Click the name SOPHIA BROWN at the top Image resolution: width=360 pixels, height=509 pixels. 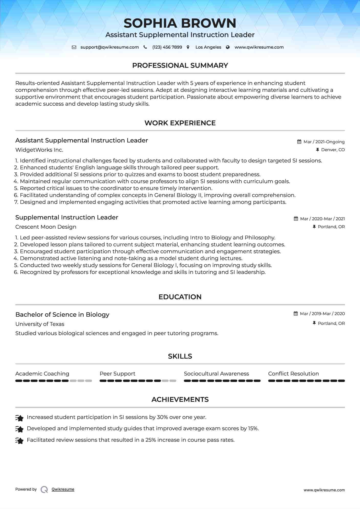coord(180,23)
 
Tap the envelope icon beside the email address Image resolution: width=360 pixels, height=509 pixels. coord(74,47)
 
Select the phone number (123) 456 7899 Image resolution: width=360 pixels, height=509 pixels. coord(167,47)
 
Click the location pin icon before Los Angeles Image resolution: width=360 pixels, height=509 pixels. coord(188,47)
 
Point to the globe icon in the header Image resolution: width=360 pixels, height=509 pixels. coord(228,47)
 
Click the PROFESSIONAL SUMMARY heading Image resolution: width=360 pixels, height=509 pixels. coord(180,65)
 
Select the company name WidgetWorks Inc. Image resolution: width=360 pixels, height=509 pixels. coord(39,150)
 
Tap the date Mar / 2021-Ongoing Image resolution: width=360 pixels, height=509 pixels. coord(324,142)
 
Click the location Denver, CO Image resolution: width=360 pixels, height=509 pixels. coord(333,150)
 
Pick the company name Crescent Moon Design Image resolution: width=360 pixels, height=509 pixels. coord(46,227)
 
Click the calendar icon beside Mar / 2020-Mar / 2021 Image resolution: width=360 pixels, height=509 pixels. coord(296,219)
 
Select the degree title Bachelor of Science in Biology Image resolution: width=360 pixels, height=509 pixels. coord(62,315)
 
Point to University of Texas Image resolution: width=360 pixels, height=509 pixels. coord(40,324)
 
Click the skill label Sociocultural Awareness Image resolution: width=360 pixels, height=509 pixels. coord(216,374)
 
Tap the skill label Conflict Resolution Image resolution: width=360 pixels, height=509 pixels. coord(293,374)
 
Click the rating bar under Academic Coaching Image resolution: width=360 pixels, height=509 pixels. coord(53,381)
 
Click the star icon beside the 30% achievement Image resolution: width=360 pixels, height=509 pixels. coord(19,418)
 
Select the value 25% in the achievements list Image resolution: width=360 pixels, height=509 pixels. coord(150,440)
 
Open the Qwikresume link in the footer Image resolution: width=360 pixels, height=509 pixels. coord(63,489)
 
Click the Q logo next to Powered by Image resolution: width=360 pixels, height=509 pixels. coord(44,489)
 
